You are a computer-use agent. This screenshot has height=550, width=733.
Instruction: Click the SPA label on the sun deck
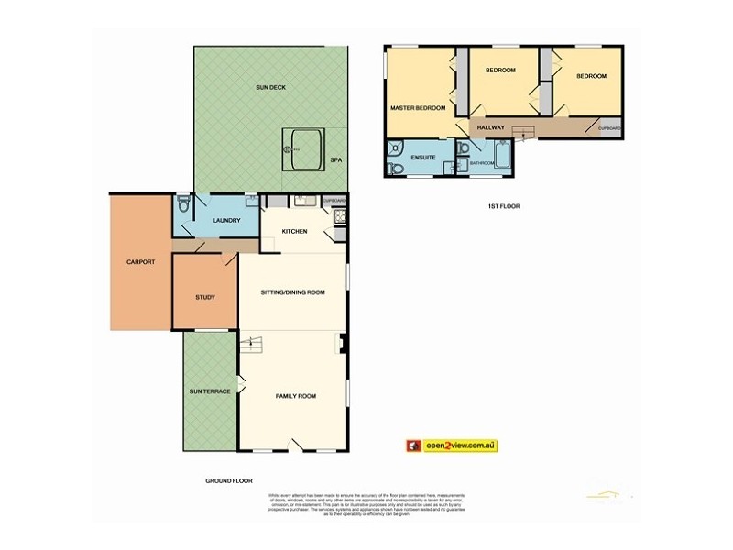[335, 160]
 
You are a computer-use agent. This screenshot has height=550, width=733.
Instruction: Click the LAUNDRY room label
[225, 221]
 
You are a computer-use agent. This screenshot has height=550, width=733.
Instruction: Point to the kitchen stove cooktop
[341, 217]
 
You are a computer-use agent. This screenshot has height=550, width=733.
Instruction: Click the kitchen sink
[303, 201]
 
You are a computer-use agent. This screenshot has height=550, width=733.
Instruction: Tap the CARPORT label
[140, 262]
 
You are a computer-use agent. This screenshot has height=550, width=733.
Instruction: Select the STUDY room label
[205, 297]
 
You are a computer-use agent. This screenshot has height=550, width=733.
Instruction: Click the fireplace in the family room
[344, 346]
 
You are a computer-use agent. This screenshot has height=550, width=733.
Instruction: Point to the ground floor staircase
[251, 345]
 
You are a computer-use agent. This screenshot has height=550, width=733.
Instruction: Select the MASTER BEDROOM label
[418, 108]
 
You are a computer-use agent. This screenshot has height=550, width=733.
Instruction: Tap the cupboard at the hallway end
[609, 129]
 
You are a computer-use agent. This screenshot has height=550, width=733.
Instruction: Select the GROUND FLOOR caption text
[229, 480]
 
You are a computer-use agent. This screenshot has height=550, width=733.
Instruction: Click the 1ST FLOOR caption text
[504, 206]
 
